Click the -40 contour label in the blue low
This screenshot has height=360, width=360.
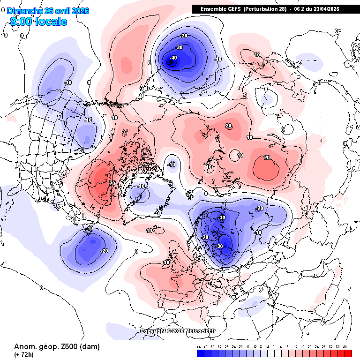(174, 58)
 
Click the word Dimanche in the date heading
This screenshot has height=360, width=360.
(26, 11)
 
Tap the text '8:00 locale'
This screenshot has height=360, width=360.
(38, 22)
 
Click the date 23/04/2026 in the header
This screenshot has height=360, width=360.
(325, 9)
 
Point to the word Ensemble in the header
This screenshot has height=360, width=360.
(214, 9)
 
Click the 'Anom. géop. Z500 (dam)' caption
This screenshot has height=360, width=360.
(57, 347)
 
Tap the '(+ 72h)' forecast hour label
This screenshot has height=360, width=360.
(24, 355)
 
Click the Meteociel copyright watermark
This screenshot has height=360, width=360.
(178, 331)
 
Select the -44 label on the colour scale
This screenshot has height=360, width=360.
(199, 346)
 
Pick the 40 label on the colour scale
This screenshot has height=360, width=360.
(345, 346)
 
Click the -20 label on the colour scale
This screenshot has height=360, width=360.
(240, 346)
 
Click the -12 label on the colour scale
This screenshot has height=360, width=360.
(254, 346)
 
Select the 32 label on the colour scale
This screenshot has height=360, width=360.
(331, 346)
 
